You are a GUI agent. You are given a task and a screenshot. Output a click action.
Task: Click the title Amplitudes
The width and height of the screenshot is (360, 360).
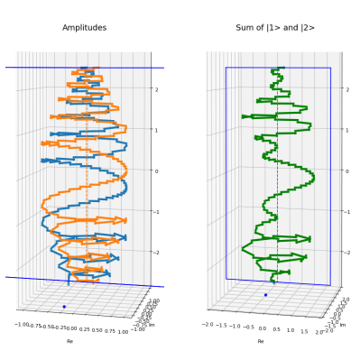pyautogui.click(x=84, y=28)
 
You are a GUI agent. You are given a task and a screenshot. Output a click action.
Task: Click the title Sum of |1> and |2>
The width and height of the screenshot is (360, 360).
pyautogui.click(x=271, y=28)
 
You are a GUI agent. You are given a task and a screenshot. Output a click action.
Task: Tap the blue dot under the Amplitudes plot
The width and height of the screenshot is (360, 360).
pyautogui.click(x=64, y=307)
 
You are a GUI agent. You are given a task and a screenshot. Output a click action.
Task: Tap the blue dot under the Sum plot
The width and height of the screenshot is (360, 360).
pyautogui.click(x=265, y=295)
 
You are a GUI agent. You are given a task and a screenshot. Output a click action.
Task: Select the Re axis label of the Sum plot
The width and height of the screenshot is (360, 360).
pyautogui.click(x=261, y=341)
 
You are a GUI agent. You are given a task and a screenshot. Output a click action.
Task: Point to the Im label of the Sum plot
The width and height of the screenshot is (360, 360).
pyautogui.click(x=343, y=323)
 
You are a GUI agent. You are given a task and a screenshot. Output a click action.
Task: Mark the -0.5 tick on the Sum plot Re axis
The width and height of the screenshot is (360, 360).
pyautogui.click(x=250, y=324)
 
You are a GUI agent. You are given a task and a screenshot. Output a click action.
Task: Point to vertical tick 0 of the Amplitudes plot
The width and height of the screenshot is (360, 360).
pyautogui.click(x=157, y=170)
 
